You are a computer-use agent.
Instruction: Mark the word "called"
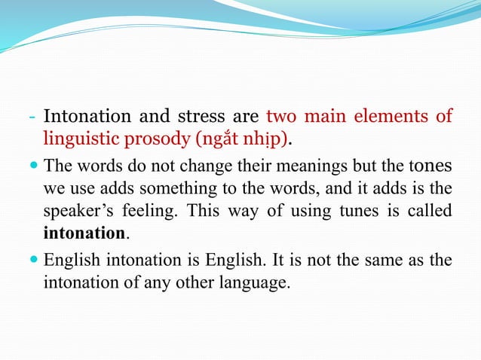pyautogui.click(x=431, y=209)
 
